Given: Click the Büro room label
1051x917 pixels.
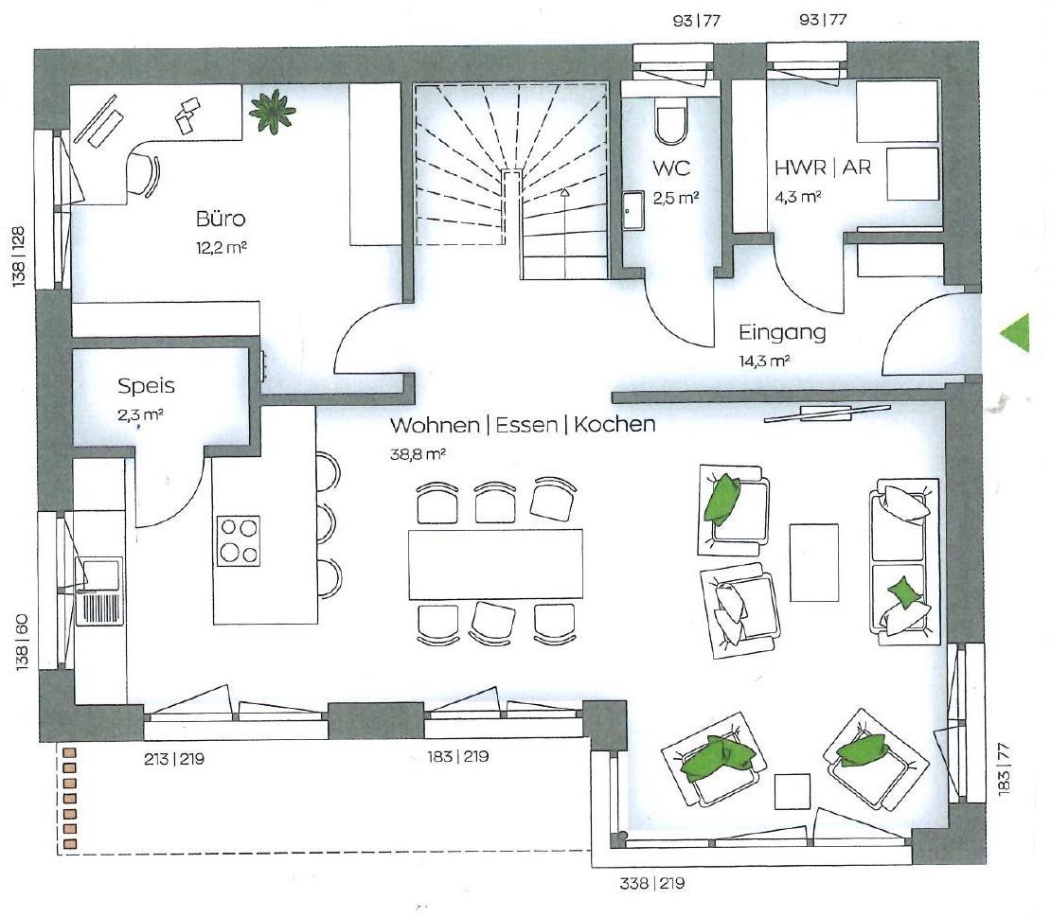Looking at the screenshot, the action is pos(221,219).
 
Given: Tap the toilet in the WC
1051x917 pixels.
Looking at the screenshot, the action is pos(670,125).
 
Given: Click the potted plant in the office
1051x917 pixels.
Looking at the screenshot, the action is pos(272,112).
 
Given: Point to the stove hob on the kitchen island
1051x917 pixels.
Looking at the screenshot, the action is pos(238,540).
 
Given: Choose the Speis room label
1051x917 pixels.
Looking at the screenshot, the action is pos(146,386).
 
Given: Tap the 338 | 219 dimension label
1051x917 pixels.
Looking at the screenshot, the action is pos(652,884).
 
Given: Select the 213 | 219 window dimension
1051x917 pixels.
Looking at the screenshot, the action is pos(173,759).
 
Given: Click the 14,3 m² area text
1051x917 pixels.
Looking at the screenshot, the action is pos(764,362).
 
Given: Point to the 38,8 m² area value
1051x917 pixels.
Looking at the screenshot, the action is pos(418,454).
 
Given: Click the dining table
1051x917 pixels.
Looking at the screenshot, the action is pos(495,564).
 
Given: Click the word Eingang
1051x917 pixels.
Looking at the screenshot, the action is pos(782,333).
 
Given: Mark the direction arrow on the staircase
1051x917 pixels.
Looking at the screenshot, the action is pos(565,232).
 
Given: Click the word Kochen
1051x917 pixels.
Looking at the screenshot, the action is pos(615,424).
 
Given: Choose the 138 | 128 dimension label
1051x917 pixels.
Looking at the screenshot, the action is pos(18,258).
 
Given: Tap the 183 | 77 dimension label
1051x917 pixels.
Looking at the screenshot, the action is pos(1003,769).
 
